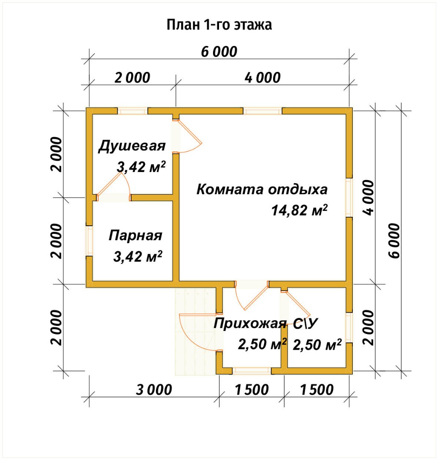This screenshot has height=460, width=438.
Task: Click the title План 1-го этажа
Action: point(219,25)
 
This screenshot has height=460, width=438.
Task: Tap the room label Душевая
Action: point(132,146)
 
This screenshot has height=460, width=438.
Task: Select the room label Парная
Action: point(135,236)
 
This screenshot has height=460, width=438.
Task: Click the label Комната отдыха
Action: point(262,189)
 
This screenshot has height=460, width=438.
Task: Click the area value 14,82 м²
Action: point(299,210)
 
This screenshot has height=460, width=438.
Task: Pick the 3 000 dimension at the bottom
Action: point(154,389)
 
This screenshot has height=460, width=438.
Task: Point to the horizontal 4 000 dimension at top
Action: point(263,78)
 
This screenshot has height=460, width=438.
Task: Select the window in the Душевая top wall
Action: point(133,111)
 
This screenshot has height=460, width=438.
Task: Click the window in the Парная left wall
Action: point(89,241)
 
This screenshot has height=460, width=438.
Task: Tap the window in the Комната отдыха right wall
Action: point(349,198)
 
